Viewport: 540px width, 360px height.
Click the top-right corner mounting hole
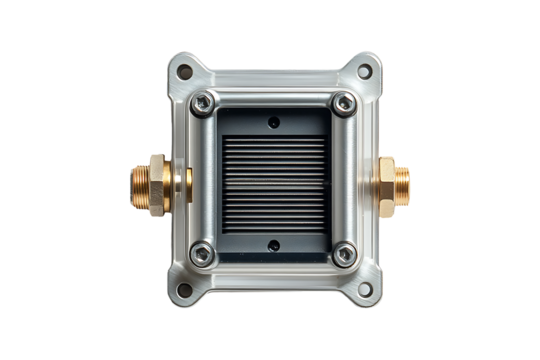363,70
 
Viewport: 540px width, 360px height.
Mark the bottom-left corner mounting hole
184,290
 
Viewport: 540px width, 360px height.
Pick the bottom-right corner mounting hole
363,290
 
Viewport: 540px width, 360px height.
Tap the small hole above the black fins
273,122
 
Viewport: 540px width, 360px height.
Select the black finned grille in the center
273,181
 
